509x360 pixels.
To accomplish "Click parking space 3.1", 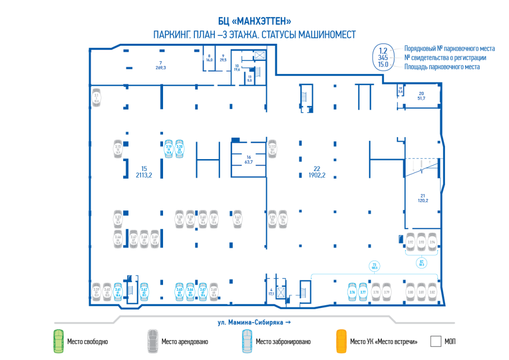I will pos(96,97).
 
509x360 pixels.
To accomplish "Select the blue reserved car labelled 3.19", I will pos(169,149).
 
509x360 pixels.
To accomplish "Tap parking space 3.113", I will pos(272,149).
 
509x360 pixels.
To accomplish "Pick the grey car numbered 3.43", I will pos(238,219).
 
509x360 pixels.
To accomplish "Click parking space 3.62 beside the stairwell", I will pos(144,292).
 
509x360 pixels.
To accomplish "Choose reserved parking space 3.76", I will pos(352,292).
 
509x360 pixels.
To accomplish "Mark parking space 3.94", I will pos(432,242).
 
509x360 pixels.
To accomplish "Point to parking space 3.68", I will pos(214,292).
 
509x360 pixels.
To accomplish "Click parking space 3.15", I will pos(118,150).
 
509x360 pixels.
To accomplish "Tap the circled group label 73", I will pos(374,266).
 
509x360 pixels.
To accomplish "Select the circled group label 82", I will pos(421,263).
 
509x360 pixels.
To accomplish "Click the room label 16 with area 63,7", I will pos(249,159).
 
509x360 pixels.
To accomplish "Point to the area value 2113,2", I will pos(144,175).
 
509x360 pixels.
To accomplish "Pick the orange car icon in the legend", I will pos(341,341).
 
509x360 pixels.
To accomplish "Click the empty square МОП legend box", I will pos(436,342).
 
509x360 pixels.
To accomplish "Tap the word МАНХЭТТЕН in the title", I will pos(263,21).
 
